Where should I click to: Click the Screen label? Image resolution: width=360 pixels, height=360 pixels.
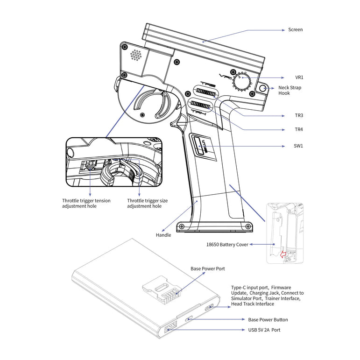pos(295,30)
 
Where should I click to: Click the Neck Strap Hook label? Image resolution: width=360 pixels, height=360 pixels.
pos(289,91)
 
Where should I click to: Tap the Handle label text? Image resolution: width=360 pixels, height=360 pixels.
pos(163,235)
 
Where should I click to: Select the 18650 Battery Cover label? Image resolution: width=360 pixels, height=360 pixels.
pos(227,244)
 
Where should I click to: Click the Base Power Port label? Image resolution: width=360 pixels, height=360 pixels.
pos(208,269)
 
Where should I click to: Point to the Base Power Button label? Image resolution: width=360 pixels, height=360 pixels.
pos(268,320)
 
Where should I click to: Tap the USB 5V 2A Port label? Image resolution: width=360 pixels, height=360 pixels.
pos(264,330)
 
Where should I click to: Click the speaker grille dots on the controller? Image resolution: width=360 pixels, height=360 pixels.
pos(136,55)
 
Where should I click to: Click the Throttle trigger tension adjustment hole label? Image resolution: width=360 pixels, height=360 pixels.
pos(86,203)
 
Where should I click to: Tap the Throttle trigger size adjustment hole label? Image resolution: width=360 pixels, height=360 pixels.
pos(147,203)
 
